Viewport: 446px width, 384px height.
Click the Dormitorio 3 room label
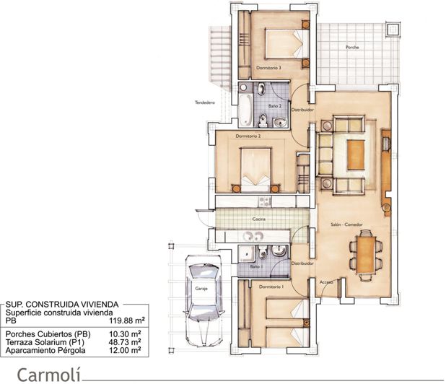click(268, 68)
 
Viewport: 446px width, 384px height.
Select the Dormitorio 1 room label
click(271, 286)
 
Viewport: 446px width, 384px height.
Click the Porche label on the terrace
click(352, 47)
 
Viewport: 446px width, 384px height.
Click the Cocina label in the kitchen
click(259, 218)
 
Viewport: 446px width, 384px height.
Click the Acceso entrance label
click(326, 282)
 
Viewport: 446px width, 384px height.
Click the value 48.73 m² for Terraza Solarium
click(124, 342)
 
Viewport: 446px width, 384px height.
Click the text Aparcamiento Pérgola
click(45, 350)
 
